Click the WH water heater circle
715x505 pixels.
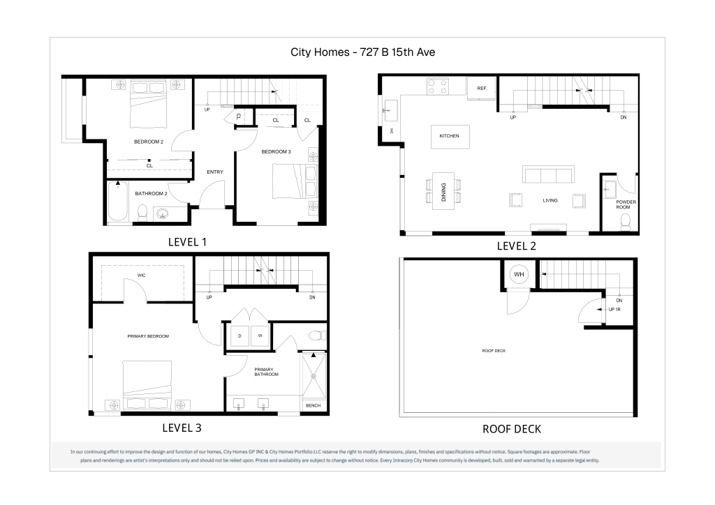coord(519,274)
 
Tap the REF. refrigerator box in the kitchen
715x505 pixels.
coord(482,88)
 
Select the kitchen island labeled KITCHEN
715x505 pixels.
coord(450,136)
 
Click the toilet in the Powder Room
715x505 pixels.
coord(625,222)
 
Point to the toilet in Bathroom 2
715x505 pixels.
coord(142,213)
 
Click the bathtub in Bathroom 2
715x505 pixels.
coord(117,201)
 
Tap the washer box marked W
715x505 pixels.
coord(260,336)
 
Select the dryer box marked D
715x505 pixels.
coord(240,336)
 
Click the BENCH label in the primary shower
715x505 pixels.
coord(314,405)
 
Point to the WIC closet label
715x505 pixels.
coord(141,275)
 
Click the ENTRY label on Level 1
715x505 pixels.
coord(215,172)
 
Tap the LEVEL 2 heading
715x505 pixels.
coord(516,246)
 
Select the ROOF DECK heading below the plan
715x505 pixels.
coord(512,429)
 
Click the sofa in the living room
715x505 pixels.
coord(548,174)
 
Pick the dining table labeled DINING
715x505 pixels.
coord(443,191)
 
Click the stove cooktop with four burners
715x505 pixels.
coord(438,86)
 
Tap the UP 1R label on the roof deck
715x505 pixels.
coord(614,310)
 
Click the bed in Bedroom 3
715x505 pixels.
coord(295,181)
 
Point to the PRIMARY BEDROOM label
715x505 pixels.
coord(148,336)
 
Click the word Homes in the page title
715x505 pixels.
coord(332,52)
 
